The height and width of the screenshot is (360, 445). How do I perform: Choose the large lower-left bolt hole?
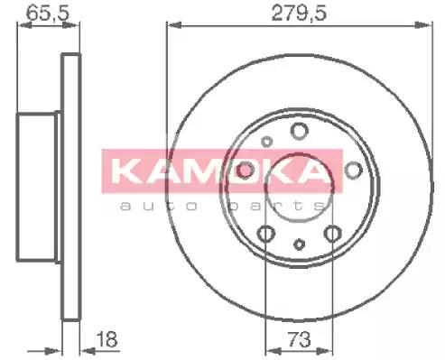coord(265,235)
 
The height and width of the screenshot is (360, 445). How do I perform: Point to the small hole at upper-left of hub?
coord(265,141)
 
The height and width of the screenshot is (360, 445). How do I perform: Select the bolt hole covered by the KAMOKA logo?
coord(246,171)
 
